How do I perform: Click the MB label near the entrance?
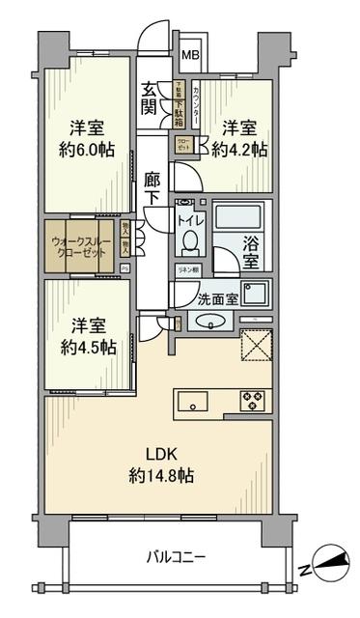tap(192, 56)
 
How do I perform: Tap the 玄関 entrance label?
tap(151, 99)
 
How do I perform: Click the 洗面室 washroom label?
tap(219, 298)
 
